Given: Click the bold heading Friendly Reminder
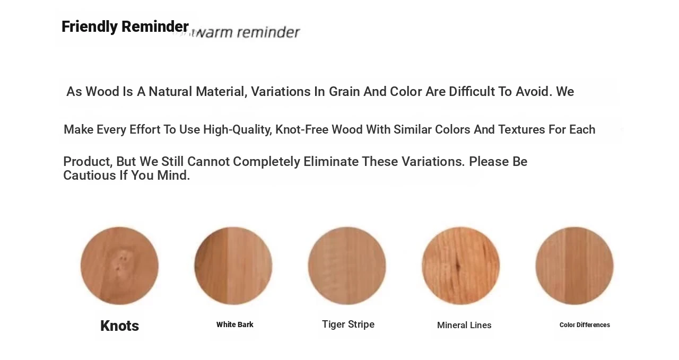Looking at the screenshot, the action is (x=125, y=27).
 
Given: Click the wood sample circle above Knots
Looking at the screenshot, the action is (x=119, y=266).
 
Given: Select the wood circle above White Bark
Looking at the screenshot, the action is (x=233, y=266).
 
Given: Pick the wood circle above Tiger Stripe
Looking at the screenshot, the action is (x=347, y=266).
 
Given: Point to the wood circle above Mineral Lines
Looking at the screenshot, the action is (x=461, y=266).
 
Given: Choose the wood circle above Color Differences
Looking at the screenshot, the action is (x=574, y=266).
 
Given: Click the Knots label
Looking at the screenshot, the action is (x=119, y=326).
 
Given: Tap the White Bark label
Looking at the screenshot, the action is (x=235, y=324).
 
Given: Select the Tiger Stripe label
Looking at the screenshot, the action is (x=349, y=324).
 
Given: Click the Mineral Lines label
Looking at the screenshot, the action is (x=464, y=325).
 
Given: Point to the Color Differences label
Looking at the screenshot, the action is (x=585, y=325).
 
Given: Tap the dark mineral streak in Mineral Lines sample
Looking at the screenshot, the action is (x=458, y=265).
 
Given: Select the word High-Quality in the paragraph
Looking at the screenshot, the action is (x=238, y=130).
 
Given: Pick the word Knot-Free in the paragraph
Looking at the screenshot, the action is (x=302, y=129).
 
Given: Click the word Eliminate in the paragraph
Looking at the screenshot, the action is (x=331, y=162).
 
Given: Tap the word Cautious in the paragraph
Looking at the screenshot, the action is (x=90, y=175).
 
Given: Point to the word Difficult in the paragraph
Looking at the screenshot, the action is (x=472, y=92).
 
